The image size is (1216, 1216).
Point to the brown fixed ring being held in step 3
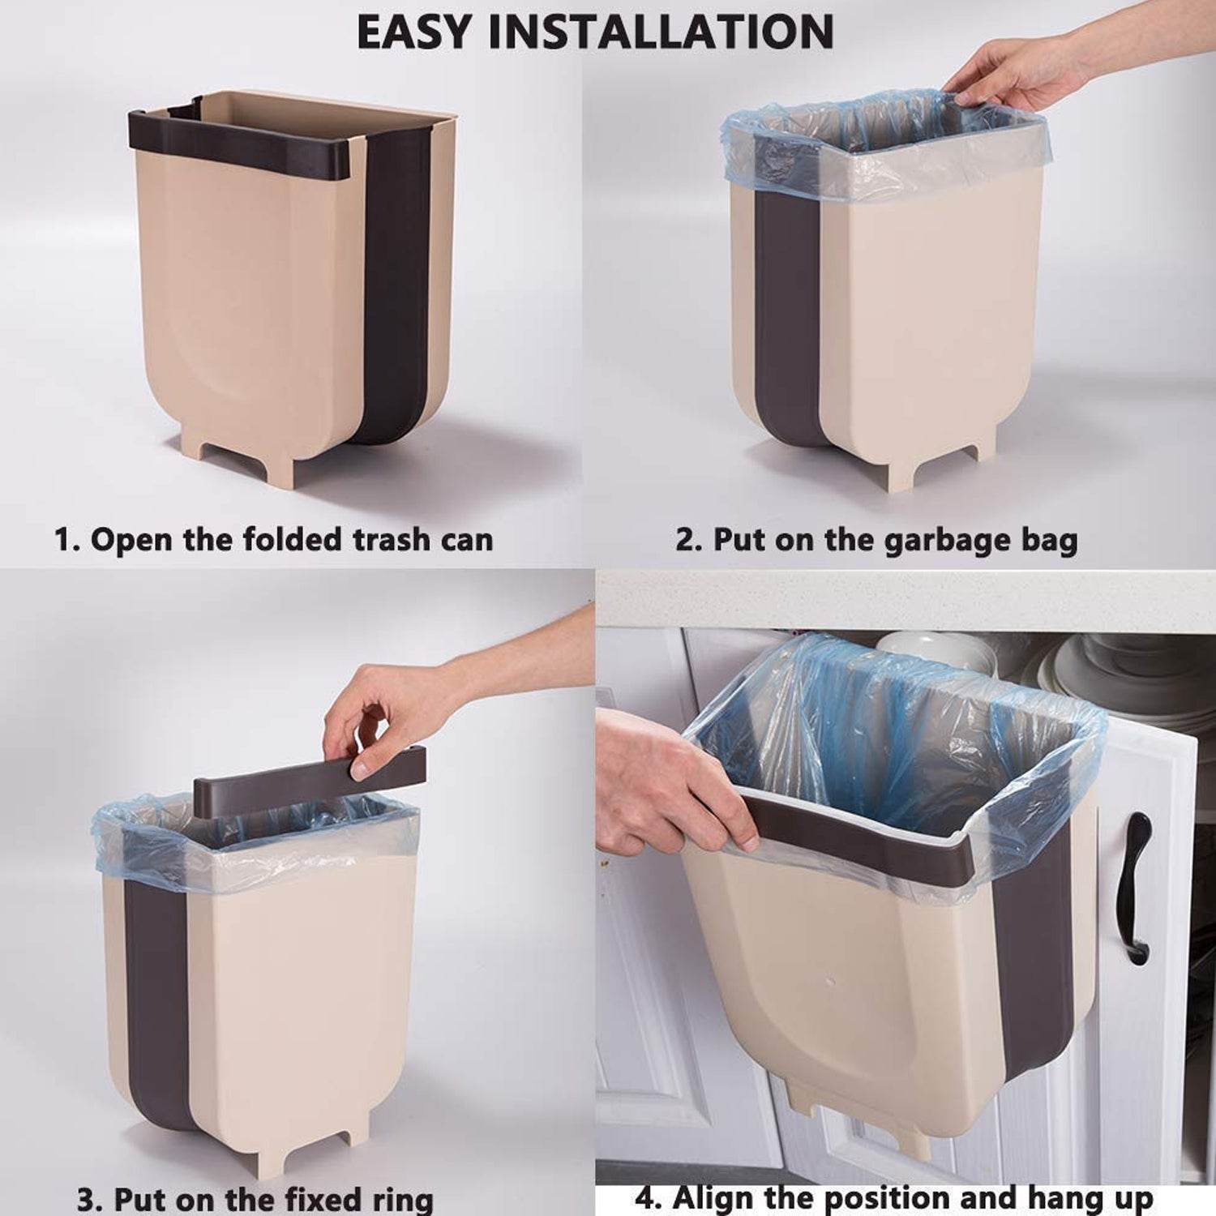pyautogui.click(x=308, y=770)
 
